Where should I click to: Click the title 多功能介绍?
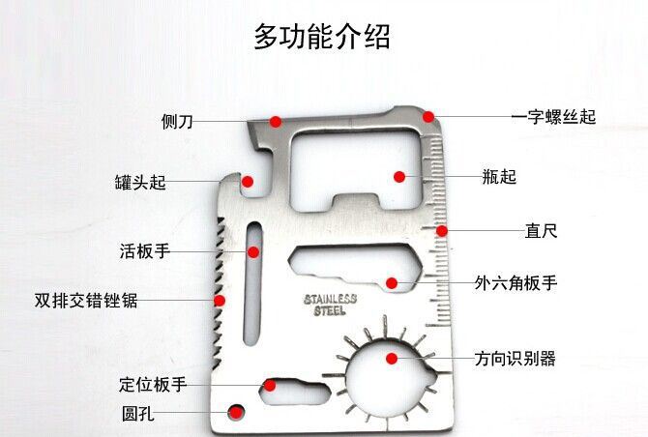[322, 38]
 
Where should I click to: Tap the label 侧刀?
[177, 122]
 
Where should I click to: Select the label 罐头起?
[140, 183]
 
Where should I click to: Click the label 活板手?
[145, 251]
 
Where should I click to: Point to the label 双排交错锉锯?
[86, 301]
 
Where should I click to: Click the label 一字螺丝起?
[553, 117]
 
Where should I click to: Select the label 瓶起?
[499, 177]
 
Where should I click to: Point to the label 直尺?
[542, 232]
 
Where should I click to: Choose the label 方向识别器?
[515, 359]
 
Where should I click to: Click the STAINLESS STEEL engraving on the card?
[330, 305]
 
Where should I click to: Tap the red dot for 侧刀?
[276, 122]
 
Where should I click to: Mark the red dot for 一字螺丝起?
[428, 117]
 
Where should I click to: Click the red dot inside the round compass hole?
[392, 359]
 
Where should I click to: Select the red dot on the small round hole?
[235, 415]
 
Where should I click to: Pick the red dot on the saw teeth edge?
[220, 301]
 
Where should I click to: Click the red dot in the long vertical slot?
[253, 252]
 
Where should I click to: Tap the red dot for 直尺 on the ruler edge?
[442, 231]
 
